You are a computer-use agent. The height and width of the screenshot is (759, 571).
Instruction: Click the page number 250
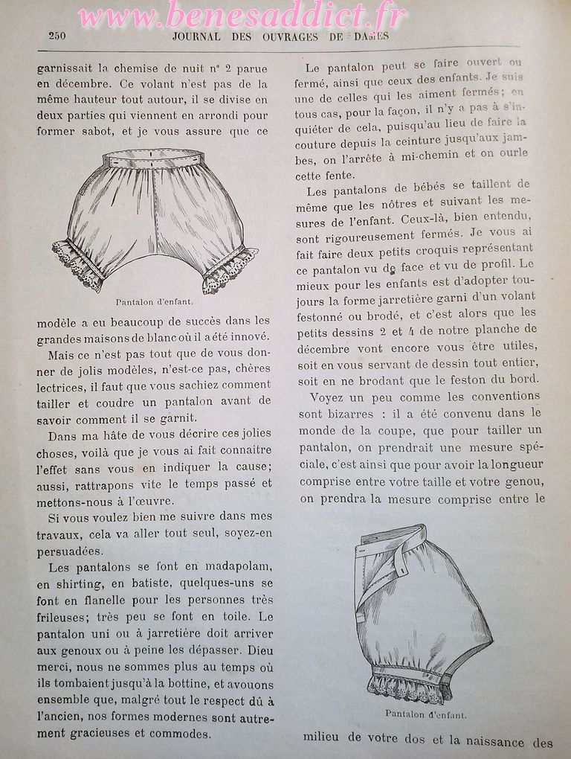click(x=57, y=36)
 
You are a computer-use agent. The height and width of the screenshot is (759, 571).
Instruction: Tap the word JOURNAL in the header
click(x=196, y=36)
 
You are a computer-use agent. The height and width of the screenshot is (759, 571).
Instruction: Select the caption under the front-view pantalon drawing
click(x=154, y=302)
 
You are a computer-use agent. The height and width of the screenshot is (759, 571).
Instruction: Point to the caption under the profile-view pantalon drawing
click(x=425, y=715)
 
